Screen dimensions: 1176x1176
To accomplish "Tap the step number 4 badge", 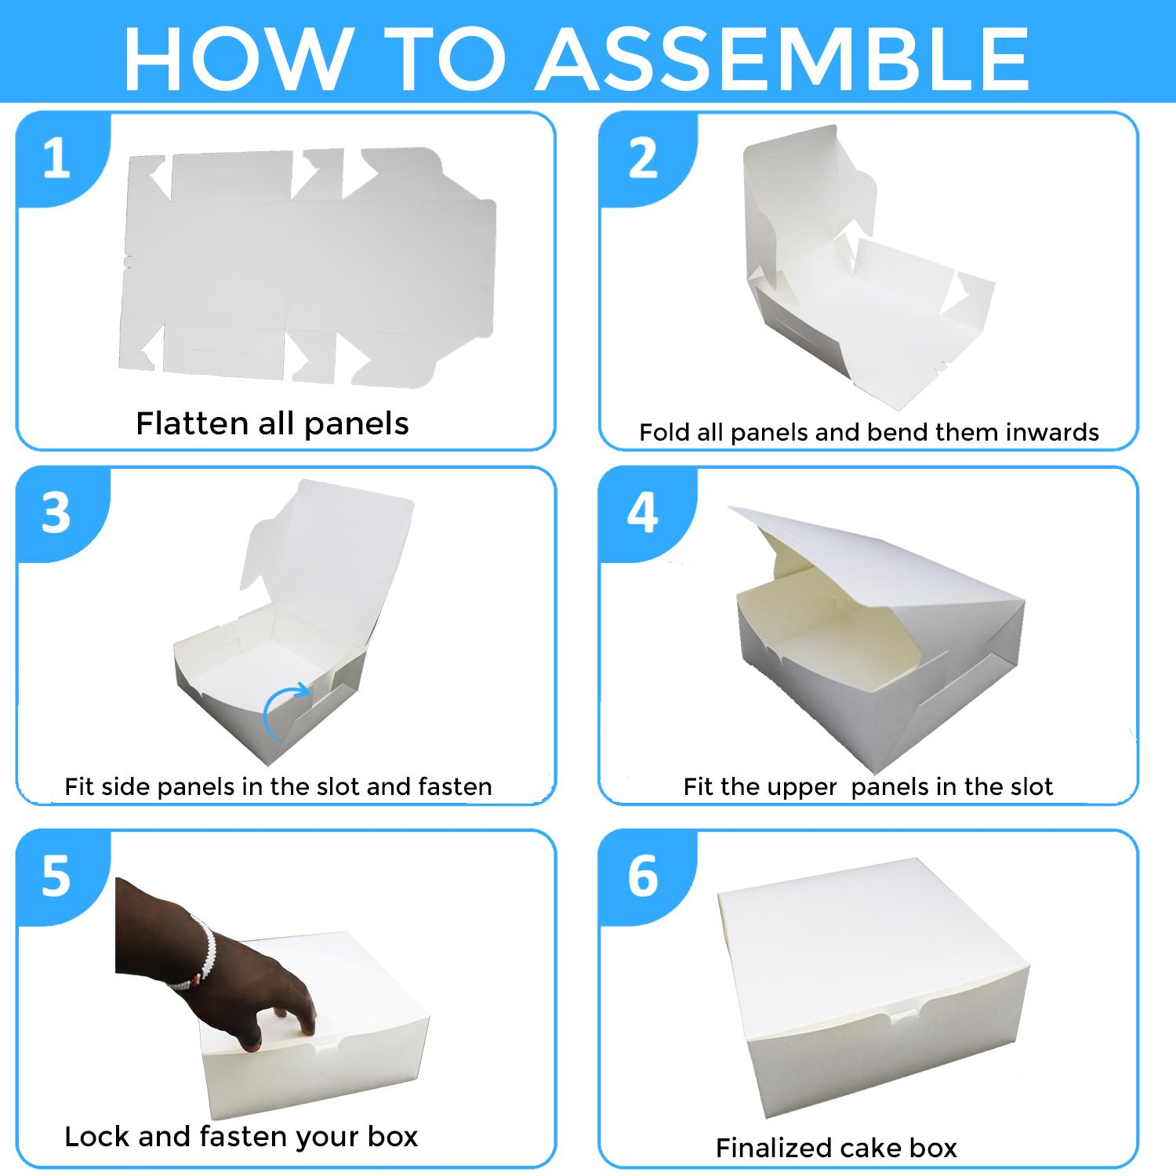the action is pos(644,514).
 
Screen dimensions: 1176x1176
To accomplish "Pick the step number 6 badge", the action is pos(644,876).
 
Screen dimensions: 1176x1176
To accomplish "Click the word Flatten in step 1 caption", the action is pos(192,423).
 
